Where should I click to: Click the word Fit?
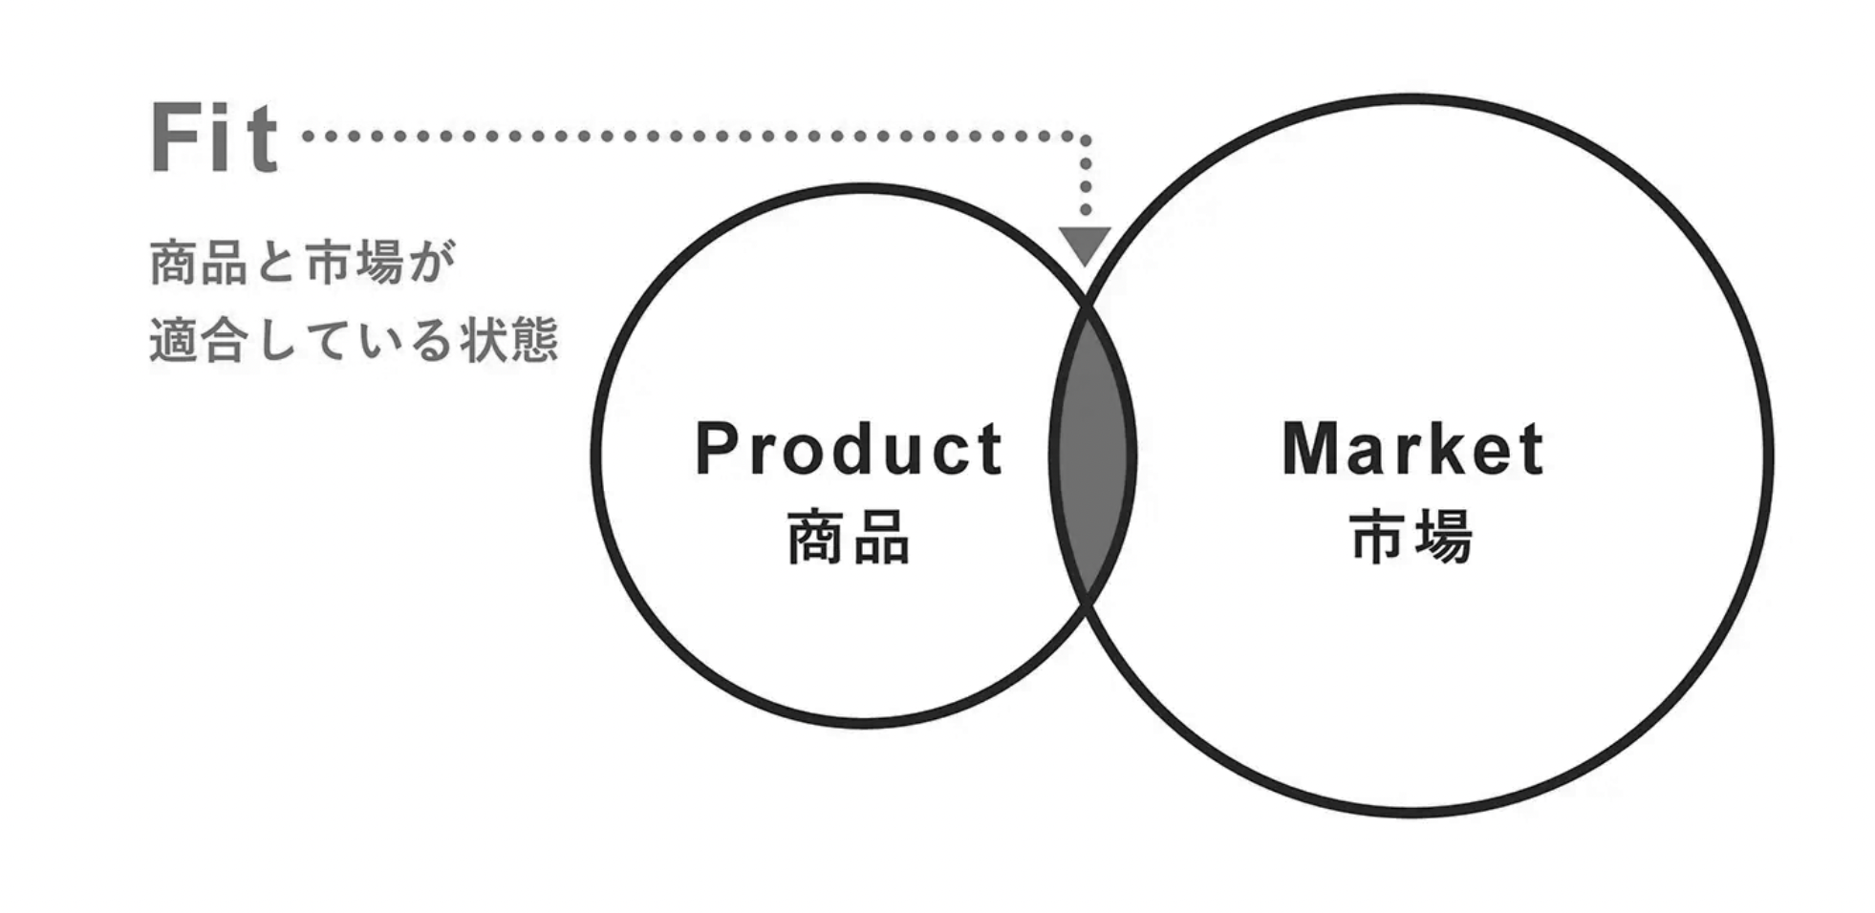tap(214, 139)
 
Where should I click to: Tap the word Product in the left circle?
tap(849, 449)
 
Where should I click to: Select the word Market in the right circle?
tap(1412, 449)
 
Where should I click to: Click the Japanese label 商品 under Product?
tap(849, 538)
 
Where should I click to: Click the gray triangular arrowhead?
tap(1085, 244)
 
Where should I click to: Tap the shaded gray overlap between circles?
tap(1092, 456)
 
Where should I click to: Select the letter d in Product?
tap(849, 449)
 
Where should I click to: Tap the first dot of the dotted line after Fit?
tap(308, 137)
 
